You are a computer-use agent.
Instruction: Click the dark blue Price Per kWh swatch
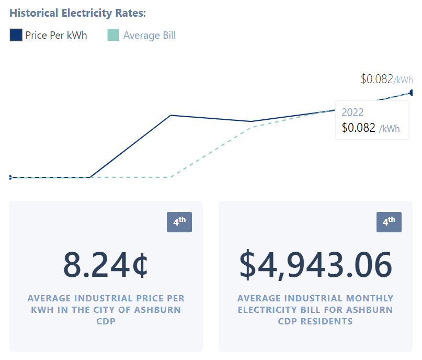(x=16, y=35)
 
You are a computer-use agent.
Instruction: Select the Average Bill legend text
(x=149, y=36)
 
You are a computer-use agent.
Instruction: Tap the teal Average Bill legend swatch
(x=113, y=35)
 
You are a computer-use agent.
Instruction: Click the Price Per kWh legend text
(x=56, y=36)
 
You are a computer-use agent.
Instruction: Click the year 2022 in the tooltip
(x=352, y=113)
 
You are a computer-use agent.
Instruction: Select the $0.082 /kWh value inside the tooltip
(x=371, y=128)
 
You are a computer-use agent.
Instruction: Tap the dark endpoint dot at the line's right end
(x=412, y=93)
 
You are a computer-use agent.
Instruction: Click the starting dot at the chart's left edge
(x=10, y=177)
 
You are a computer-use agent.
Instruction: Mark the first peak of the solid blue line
(x=171, y=115)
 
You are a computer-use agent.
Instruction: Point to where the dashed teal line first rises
(x=171, y=177)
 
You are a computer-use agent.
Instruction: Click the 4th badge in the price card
(x=179, y=222)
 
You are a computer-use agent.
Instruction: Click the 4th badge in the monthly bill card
(x=389, y=222)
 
